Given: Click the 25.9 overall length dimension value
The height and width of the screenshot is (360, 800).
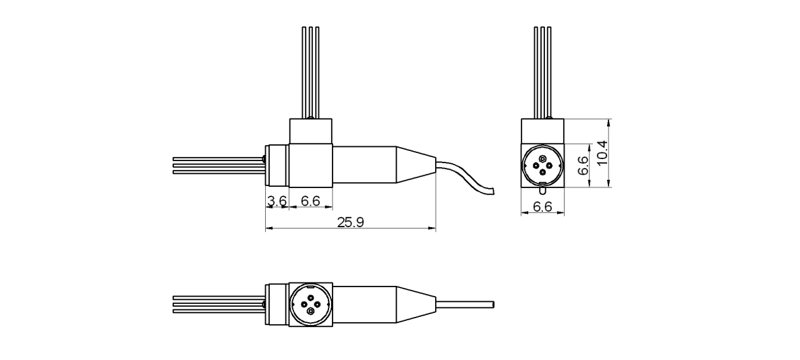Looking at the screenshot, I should pos(350,222).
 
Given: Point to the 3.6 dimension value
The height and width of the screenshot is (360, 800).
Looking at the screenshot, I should pos(277,201).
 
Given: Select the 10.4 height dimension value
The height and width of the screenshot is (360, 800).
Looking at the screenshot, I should pos(602,154).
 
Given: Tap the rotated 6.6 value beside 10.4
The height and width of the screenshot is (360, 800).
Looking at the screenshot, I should pos(584,164).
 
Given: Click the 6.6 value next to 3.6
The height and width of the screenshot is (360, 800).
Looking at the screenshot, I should pos(311,201).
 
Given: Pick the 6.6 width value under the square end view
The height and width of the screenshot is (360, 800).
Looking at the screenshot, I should pos(542,207).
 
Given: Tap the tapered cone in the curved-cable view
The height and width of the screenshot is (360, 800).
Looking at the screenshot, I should pos(415,164).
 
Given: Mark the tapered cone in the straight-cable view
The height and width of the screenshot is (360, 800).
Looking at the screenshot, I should pos(415,304).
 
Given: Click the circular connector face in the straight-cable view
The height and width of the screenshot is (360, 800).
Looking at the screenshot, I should pos(310,304).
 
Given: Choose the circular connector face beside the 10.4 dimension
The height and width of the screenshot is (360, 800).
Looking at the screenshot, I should pos(542,165).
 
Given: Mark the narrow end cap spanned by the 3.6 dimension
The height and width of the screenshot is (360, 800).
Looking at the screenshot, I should pos(277,165).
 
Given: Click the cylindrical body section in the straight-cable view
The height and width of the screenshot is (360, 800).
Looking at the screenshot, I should pos(364,304).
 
